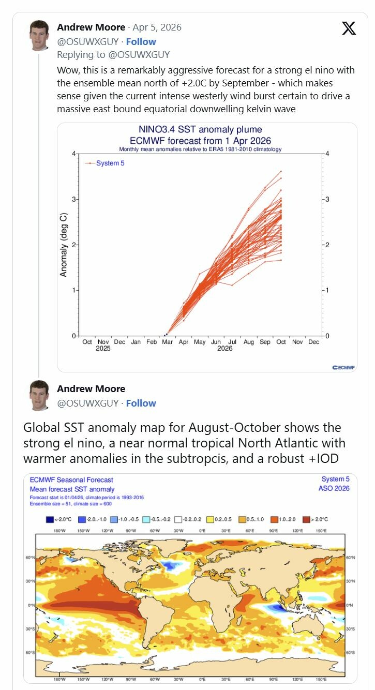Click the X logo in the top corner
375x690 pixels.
pos(349,28)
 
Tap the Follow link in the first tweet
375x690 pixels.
pos(141,41)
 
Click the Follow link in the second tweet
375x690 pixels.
pos(141,403)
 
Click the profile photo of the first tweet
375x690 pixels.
pos(40,36)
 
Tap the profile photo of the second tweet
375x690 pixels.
pos(40,396)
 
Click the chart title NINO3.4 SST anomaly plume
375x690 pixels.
pos(200,129)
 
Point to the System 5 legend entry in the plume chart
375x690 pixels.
pos(110,163)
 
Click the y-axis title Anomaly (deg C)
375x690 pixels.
pos(64,245)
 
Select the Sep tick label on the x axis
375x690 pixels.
pos(265,342)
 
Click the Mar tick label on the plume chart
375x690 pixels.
pos(168,342)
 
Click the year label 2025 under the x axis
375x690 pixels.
pos(103,349)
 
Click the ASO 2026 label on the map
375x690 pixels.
pos(335,488)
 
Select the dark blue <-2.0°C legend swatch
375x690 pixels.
pos(50,520)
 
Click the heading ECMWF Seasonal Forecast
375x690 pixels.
pos(71,480)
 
